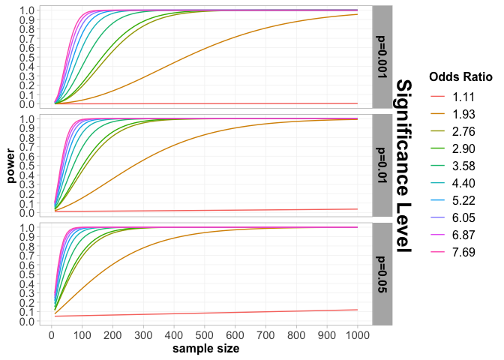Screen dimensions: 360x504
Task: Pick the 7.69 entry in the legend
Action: click(460, 251)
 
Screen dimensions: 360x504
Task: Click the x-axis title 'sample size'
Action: click(206, 349)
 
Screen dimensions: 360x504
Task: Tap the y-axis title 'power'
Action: click(10, 166)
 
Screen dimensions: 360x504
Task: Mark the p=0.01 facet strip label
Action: click(382, 165)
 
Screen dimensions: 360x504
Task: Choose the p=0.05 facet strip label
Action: click(382, 274)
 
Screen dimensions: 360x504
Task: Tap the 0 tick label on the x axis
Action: click(51, 334)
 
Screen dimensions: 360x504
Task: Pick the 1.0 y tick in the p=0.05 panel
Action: click(25, 227)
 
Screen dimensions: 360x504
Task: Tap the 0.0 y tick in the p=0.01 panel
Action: click(25, 213)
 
